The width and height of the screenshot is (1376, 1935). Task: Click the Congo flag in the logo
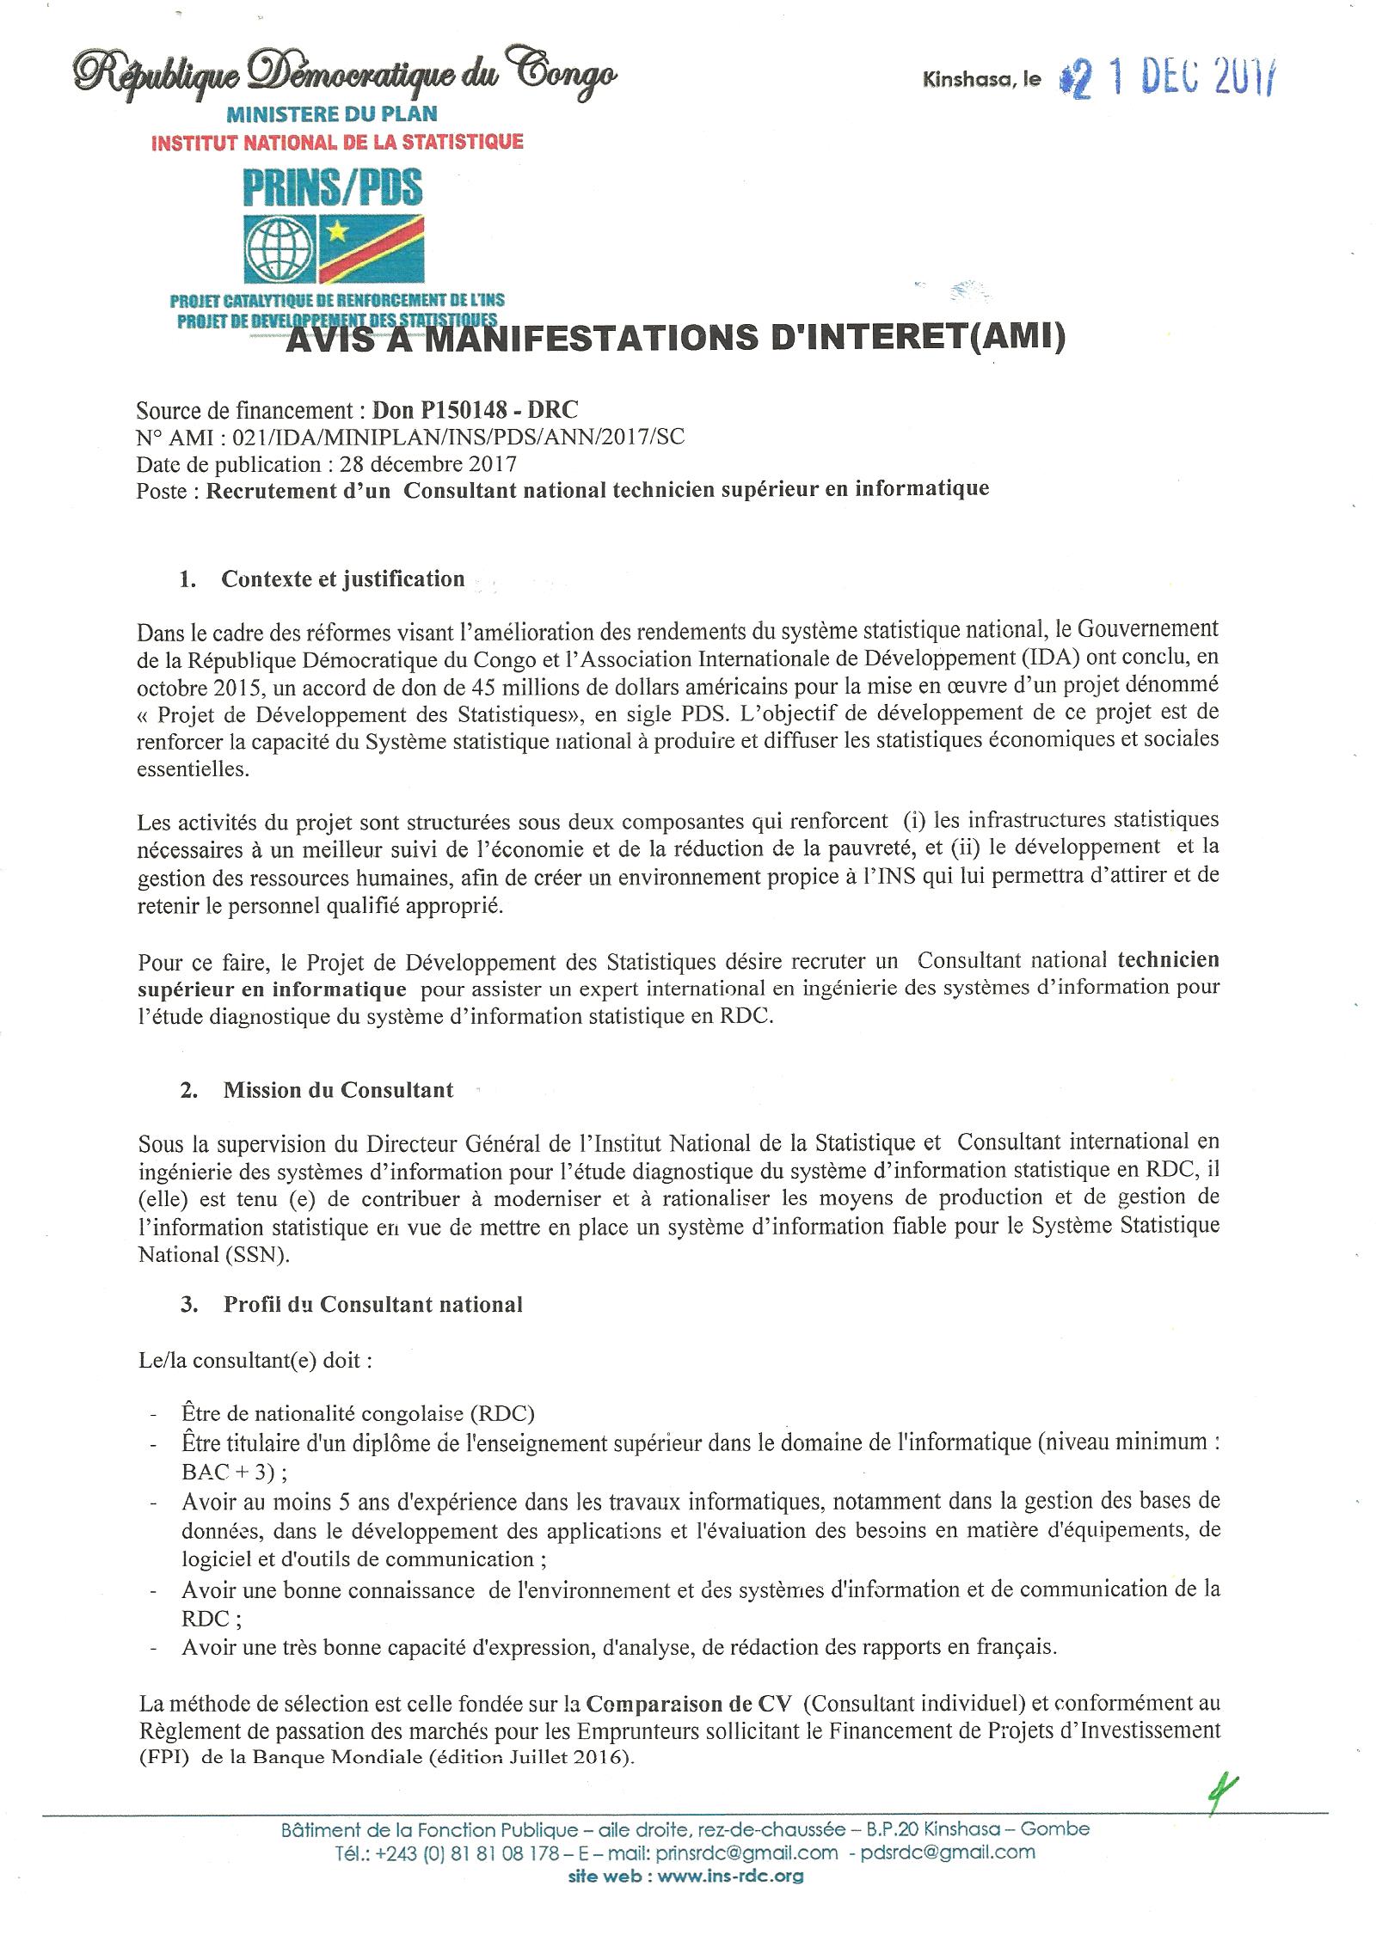(x=371, y=248)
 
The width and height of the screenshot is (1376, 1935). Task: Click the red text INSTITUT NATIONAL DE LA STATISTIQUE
(x=336, y=142)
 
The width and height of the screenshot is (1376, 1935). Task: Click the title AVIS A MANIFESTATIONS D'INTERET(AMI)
(x=675, y=337)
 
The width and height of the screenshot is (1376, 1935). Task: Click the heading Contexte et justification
(x=342, y=579)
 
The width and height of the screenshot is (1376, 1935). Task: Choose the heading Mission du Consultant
(x=338, y=1091)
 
